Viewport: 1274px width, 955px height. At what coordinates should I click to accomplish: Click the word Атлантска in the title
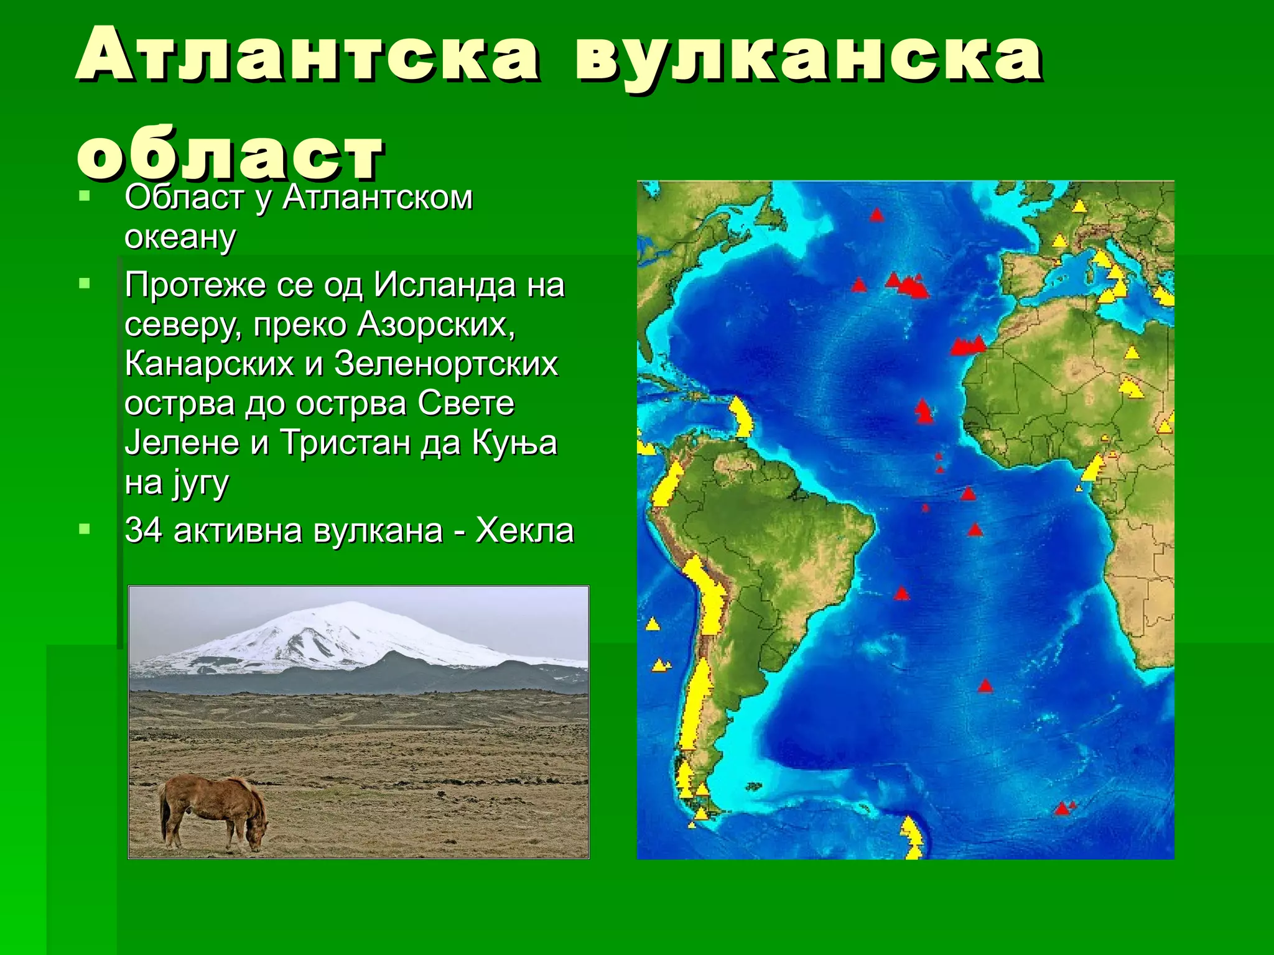click(307, 56)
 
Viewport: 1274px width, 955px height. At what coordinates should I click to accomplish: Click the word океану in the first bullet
click(180, 238)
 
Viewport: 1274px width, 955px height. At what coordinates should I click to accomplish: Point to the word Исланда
click(445, 286)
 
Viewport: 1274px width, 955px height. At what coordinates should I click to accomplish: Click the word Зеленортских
click(446, 364)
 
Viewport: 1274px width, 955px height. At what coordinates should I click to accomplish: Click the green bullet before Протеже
click(85, 285)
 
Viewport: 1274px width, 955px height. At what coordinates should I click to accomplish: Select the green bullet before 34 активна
click(85, 530)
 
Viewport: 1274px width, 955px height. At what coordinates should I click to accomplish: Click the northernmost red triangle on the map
click(876, 215)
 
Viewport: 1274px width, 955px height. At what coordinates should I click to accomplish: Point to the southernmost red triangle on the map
click(1062, 809)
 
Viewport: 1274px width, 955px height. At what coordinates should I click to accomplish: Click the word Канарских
click(209, 364)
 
